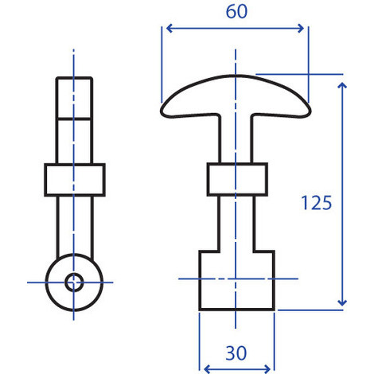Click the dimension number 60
(x=236, y=12)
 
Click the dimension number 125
(x=317, y=203)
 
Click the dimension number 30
(x=236, y=353)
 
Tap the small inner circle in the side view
(x=74, y=282)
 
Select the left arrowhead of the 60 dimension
(x=169, y=28)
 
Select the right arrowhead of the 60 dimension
(x=301, y=28)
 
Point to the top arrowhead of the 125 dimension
(x=342, y=85)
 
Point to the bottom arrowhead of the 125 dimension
(x=342, y=302)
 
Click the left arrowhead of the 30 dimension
(x=208, y=369)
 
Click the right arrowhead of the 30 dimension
(x=267, y=369)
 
